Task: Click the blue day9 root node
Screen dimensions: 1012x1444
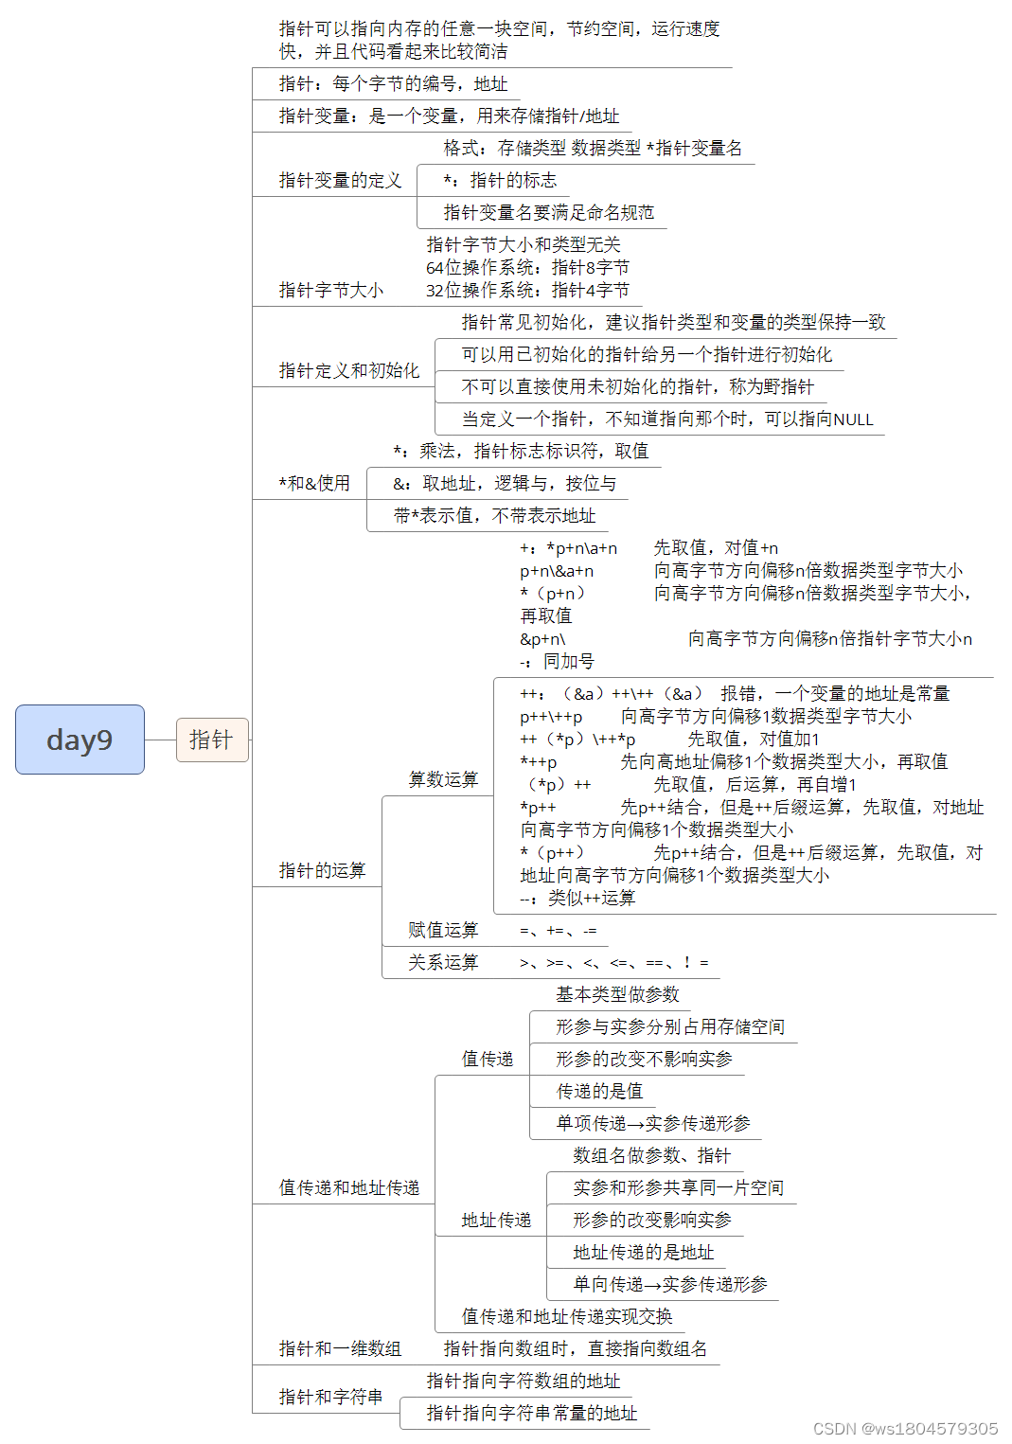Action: tap(80, 740)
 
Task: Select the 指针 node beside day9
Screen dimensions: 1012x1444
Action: tap(211, 740)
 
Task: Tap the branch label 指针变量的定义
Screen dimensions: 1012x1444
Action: tap(340, 180)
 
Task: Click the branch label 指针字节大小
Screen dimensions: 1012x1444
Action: tap(330, 290)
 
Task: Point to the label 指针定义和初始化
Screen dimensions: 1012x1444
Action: tap(348, 370)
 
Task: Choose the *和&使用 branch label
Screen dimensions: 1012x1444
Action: tap(313, 483)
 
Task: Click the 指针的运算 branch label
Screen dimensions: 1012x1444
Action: tap(322, 870)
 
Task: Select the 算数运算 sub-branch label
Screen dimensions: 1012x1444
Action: tap(443, 779)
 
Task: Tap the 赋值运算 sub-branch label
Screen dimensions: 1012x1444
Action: tap(443, 930)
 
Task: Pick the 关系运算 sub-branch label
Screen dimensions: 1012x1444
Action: tap(443, 962)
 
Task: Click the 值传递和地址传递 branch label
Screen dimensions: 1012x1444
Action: tap(348, 1187)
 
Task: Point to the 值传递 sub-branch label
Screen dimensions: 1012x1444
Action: tap(487, 1059)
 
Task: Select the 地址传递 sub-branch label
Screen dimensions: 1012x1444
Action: tap(496, 1220)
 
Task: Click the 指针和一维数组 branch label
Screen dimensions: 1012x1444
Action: tap(340, 1348)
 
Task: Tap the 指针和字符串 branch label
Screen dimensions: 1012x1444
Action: tap(330, 1397)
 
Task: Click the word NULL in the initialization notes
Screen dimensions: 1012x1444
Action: tap(853, 419)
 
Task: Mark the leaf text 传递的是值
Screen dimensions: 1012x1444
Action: tap(599, 1091)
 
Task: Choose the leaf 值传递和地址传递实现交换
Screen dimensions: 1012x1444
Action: tap(567, 1316)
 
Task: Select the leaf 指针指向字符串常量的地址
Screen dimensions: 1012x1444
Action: tap(531, 1413)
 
